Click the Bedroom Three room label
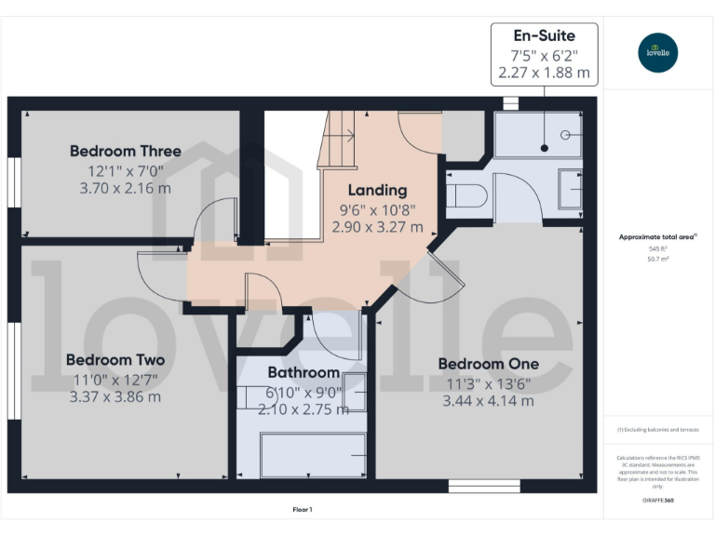[x=126, y=151]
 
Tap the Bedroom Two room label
[x=115, y=360]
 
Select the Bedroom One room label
[x=488, y=364]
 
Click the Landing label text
[x=377, y=191]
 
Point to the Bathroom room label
[x=304, y=372]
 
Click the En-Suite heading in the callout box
[x=545, y=36]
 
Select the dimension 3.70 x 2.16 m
[x=125, y=188]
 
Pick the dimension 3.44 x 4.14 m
[x=488, y=401]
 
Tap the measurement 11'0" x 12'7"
[x=115, y=379]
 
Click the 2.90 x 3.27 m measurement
[x=377, y=227]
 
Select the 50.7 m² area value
[x=658, y=260]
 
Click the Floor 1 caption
[x=303, y=509]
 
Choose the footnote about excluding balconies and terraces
[x=657, y=430]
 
